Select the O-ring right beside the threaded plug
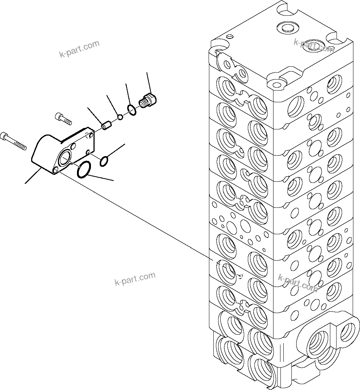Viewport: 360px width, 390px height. point(132,108)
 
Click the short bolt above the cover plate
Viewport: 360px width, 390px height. point(63,118)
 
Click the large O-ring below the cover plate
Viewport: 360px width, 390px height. point(84,170)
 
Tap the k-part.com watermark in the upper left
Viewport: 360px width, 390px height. point(79,49)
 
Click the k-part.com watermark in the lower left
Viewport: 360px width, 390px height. point(135,279)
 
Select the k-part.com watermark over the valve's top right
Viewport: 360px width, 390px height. point(314,45)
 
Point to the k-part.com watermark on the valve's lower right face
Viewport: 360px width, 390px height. point(298,282)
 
